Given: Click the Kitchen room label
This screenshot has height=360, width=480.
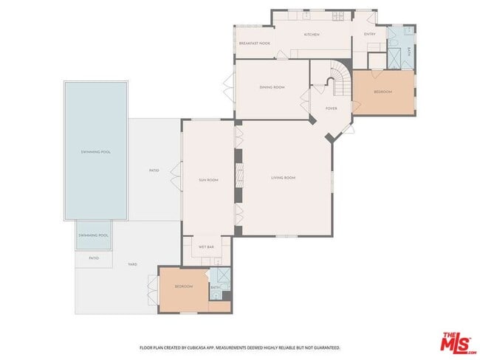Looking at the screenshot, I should tap(312, 35).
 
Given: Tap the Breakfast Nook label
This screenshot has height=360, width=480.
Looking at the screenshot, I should tap(254, 44).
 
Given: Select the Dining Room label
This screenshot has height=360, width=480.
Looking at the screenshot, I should tap(272, 88).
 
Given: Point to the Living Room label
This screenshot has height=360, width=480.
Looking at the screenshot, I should tap(283, 178).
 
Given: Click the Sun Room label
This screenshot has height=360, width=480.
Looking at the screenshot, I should tap(208, 180).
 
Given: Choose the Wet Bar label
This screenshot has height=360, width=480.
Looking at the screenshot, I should tap(206, 247).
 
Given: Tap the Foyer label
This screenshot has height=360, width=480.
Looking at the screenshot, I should tap(332, 108).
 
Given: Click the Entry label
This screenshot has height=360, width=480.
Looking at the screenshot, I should tap(370, 34).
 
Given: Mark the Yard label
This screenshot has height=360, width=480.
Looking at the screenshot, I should tap(132, 264).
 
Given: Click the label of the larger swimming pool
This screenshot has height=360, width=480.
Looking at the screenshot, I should tap(95, 152).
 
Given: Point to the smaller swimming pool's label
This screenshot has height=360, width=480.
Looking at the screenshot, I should tap(95, 235).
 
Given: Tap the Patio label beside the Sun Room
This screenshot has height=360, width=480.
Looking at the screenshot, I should tap(154, 170).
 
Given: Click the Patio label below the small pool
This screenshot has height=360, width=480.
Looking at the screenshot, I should tap(94, 258).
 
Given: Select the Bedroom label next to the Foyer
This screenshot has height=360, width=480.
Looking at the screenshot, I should tap(383, 92).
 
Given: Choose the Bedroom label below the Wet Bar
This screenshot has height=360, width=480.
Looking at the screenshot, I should tap(183, 286).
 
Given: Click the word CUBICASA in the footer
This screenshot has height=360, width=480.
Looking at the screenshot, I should tap(195, 347).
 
